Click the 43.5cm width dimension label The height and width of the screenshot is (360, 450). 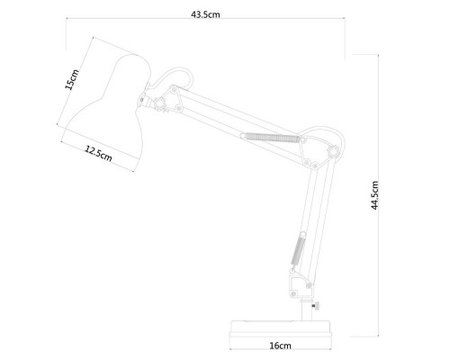click(x=205, y=14)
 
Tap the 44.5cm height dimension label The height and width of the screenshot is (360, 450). click(x=374, y=195)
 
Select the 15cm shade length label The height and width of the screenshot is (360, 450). click(x=72, y=79)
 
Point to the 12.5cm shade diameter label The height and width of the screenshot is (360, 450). click(x=98, y=154)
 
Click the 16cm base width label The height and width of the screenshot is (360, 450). click(x=280, y=346)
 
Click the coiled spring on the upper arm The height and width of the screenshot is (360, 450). click(x=273, y=138)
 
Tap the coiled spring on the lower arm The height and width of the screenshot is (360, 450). click(x=298, y=250)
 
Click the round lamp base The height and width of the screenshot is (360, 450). click(x=281, y=331)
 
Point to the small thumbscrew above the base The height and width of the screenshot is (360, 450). click(x=316, y=306)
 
